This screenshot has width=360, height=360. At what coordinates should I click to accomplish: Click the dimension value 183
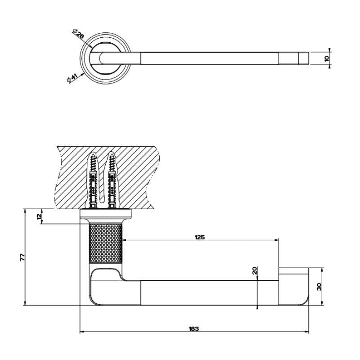(194, 328)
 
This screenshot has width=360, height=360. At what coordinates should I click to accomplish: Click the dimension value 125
(200, 237)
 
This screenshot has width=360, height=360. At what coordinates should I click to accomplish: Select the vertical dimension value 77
(21, 257)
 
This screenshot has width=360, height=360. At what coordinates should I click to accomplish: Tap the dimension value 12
(39, 216)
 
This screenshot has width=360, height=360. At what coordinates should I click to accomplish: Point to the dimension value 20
(254, 270)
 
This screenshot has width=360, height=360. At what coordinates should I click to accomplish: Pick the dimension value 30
(319, 287)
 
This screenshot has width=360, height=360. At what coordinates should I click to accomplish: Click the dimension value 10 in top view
(327, 58)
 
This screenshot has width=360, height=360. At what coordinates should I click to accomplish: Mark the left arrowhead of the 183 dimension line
(81, 333)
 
